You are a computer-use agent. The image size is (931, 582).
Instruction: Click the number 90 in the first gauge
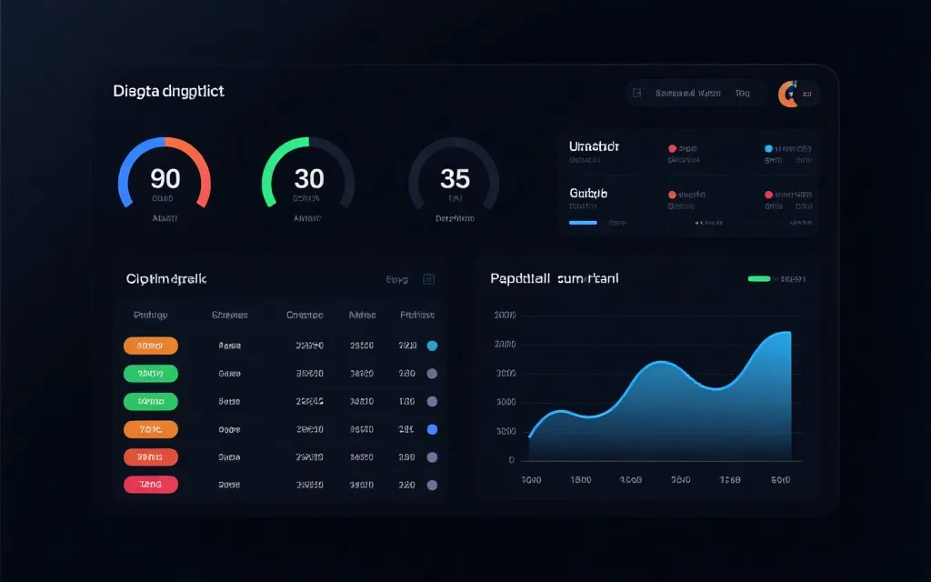[x=165, y=177]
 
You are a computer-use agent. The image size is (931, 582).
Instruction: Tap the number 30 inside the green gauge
[x=308, y=177]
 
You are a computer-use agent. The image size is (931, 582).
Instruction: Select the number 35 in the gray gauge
[x=455, y=177]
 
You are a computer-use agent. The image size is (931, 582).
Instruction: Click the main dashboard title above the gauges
[x=169, y=91]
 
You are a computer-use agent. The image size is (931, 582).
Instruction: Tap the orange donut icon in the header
[x=787, y=94]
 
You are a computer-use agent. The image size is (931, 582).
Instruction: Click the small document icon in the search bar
[x=637, y=93]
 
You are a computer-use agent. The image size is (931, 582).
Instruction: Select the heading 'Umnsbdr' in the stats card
[x=594, y=145]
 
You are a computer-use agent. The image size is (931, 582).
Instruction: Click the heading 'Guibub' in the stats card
[x=588, y=193]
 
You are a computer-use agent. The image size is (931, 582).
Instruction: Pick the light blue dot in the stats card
[x=768, y=147]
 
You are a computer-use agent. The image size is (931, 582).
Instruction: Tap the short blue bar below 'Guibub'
[x=583, y=222]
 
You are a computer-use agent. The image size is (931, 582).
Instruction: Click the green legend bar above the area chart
[x=759, y=278]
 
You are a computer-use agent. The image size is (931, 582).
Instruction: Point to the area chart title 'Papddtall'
[x=521, y=278]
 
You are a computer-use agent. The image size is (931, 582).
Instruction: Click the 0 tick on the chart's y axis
[x=512, y=459]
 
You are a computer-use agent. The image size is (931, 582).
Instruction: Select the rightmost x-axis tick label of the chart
[x=779, y=479]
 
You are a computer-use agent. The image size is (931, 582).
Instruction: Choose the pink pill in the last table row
[x=150, y=485]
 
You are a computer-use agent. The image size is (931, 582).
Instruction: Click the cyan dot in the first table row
[x=432, y=346]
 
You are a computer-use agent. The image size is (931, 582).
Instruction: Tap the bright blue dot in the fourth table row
[x=432, y=429]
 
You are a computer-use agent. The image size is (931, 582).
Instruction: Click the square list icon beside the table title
[x=429, y=279]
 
